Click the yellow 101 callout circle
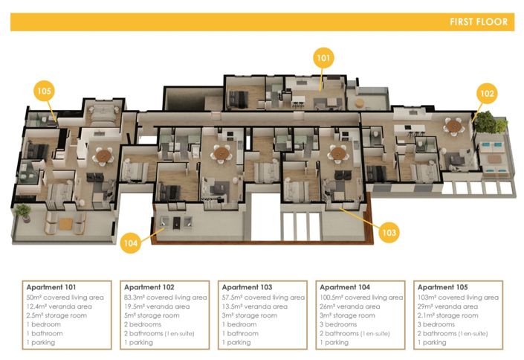pyautogui.click(x=323, y=58)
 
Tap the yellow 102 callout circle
pyautogui.click(x=487, y=93)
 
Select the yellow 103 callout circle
pyautogui.click(x=389, y=233)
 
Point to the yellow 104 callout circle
pyautogui.click(x=130, y=243)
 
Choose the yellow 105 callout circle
pyautogui.click(x=44, y=91)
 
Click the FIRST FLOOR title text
pyautogui.click(x=479, y=22)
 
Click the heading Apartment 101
pyautogui.click(x=51, y=287)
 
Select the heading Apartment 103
pyautogui.click(x=247, y=287)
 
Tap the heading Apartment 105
pyautogui.click(x=442, y=287)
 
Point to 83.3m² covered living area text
pyautogui.click(x=166, y=298)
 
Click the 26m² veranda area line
pyautogui.click(x=349, y=306)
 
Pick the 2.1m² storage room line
pyautogui.click(x=447, y=315)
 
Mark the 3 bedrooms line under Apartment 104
pyautogui.click(x=338, y=324)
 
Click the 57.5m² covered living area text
pyautogui.click(x=263, y=298)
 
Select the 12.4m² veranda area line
pyautogui.click(x=59, y=306)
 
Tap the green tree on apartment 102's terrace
pyautogui.click(x=491, y=123)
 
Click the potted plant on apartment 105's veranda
pyautogui.click(x=23, y=213)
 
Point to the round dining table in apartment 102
pyautogui.click(x=454, y=126)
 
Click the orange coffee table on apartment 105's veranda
pyautogui.click(x=65, y=224)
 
